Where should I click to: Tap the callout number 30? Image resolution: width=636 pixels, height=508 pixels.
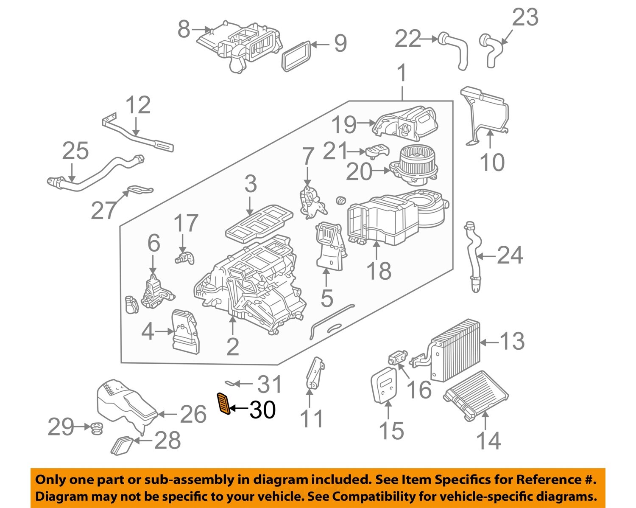click(x=262, y=410)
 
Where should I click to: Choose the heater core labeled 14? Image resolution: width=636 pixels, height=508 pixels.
click(x=476, y=396)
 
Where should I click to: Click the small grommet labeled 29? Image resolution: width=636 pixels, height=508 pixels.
click(x=96, y=429)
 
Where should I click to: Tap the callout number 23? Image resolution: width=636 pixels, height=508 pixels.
click(x=525, y=17)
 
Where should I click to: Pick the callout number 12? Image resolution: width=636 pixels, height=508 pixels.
click(x=138, y=105)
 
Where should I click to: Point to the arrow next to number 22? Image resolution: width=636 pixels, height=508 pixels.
click(x=429, y=39)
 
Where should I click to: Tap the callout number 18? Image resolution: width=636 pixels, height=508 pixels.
click(x=379, y=271)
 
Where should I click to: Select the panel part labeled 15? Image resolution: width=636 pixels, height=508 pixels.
click(x=384, y=385)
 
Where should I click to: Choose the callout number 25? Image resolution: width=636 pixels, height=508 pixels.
click(x=75, y=151)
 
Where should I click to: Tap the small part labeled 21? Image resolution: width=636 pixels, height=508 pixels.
click(x=377, y=151)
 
